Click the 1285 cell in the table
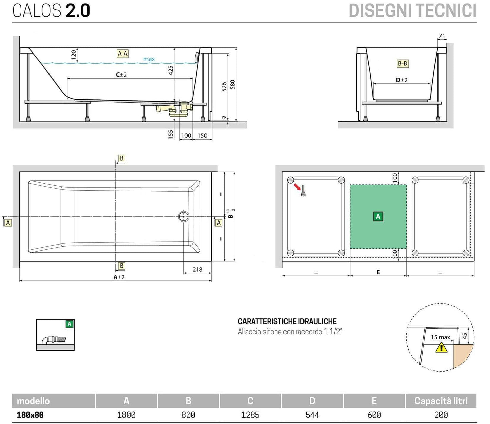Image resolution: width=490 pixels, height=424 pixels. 250,415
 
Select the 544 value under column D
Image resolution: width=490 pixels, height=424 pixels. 312,415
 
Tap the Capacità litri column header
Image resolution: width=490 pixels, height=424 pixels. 441,401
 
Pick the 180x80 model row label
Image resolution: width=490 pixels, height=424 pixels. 30,415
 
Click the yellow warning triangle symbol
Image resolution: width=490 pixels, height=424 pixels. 441,347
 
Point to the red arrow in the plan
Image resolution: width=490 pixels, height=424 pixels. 297,186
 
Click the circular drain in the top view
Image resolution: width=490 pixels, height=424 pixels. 184,216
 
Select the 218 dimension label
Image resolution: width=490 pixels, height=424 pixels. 197,270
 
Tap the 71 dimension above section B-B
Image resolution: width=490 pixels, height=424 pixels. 442,36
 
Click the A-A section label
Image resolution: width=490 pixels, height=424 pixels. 122,54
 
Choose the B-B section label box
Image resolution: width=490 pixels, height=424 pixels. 403,63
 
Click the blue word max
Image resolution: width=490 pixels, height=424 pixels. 149,59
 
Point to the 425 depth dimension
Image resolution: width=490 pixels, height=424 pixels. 171,70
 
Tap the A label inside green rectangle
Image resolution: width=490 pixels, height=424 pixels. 378,216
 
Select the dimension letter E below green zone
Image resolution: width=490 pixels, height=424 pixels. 378,272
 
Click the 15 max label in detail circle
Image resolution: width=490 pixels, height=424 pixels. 440,337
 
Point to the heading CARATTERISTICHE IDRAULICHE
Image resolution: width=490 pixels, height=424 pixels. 287,321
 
